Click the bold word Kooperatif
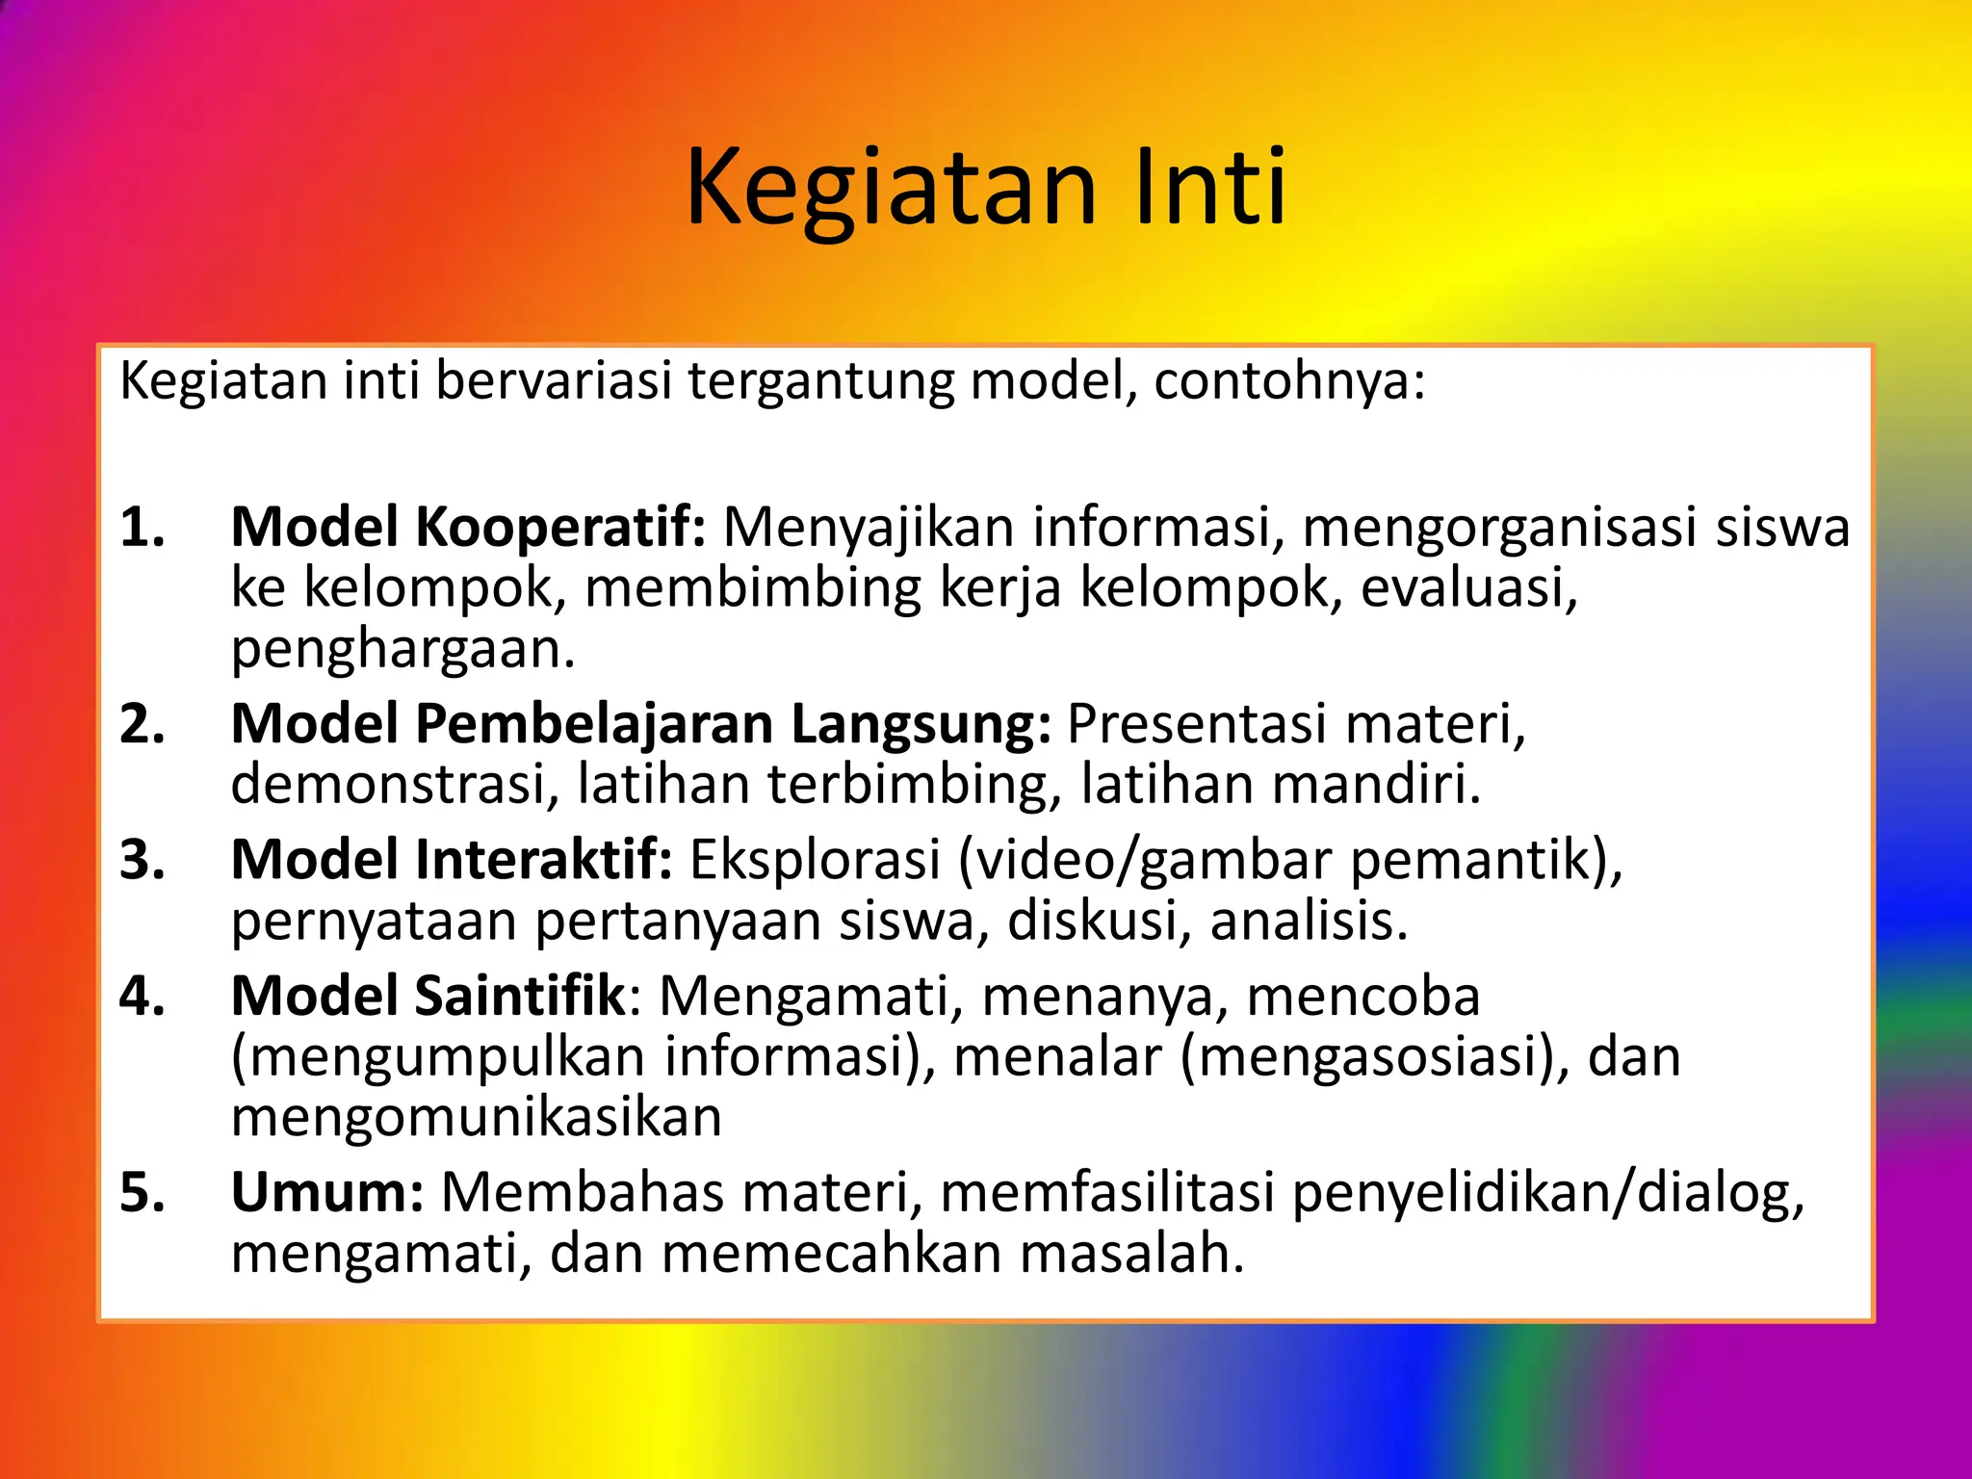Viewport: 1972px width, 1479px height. (x=561, y=529)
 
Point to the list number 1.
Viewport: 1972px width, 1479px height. (x=143, y=529)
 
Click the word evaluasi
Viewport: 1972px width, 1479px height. (x=1468, y=588)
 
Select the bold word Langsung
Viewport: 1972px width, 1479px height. (x=921, y=724)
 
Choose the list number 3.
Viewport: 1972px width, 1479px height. (x=143, y=860)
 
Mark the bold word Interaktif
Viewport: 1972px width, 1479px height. (x=544, y=860)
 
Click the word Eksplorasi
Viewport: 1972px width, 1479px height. (x=815, y=860)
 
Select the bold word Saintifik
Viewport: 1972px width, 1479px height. (x=521, y=997)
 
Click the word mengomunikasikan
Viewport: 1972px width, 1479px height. (x=477, y=1118)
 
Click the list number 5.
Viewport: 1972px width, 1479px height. (x=143, y=1193)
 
